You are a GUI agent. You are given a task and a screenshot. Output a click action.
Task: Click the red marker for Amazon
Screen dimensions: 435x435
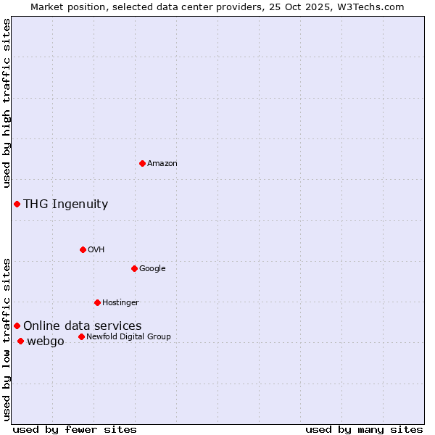[142, 163]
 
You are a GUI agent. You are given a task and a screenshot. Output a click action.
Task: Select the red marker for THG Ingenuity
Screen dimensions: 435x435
[17, 204]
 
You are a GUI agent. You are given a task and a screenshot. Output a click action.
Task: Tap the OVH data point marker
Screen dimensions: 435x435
[83, 249]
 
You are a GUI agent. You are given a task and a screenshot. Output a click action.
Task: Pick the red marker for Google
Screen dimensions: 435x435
[134, 268]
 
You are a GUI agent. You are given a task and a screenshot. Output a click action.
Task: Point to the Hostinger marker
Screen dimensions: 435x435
[97, 302]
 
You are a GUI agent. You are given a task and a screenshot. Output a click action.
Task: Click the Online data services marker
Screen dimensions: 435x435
[17, 326]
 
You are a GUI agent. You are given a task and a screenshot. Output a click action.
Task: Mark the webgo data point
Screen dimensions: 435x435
[20, 341]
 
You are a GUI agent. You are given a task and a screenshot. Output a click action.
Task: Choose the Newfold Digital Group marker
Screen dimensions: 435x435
[81, 336]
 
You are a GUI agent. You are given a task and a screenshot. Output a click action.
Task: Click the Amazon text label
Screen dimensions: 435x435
[162, 164]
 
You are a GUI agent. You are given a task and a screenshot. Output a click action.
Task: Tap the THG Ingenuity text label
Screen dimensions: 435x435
[65, 204]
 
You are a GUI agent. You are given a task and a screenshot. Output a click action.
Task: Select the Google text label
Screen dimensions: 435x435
[152, 269]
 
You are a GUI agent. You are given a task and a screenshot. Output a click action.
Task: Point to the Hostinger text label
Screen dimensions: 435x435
[120, 303]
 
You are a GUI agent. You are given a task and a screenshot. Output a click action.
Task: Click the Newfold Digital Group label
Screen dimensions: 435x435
[128, 337]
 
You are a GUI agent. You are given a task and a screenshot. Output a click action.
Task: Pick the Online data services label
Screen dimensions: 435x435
[82, 326]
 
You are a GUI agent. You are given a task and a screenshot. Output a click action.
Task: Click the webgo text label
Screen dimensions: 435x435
[45, 341]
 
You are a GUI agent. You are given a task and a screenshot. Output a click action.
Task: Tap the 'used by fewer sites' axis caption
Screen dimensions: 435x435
[74, 429]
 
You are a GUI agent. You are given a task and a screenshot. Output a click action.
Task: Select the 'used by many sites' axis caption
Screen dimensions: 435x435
[364, 429]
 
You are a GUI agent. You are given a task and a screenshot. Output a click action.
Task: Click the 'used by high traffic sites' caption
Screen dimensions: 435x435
[7, 104]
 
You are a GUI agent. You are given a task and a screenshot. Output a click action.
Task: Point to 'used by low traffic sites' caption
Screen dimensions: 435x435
[7, 339]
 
